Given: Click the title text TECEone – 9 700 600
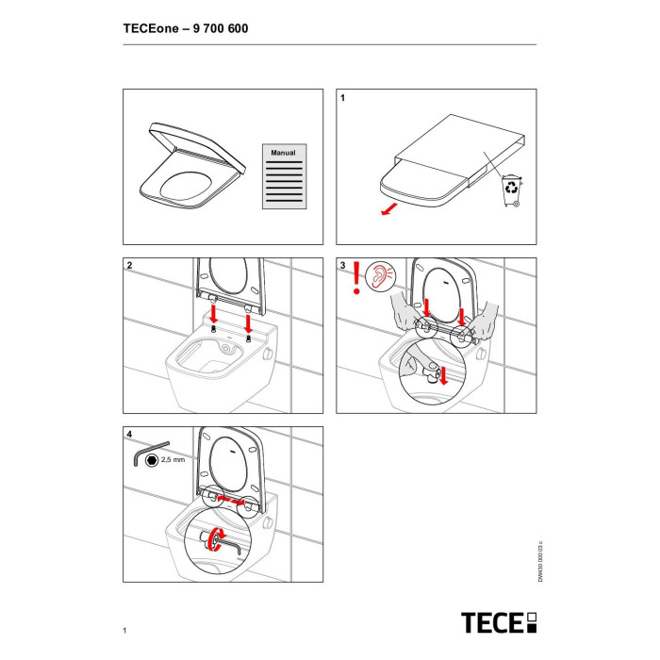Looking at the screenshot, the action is pyautogui.click(x=186, y=28).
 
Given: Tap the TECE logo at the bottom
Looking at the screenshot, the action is pyautogui.click(x=499, y=622).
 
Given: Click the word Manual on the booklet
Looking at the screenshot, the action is pyautogui.click(x=283, y=153).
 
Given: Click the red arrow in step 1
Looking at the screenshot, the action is pyautogui.click(x=388, y=209).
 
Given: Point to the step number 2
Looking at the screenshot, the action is pyautogui.click(x=130, y=266).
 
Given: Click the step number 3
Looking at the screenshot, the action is pyautogui.click(x=342, y=266).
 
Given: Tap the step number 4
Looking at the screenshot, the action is pyautogui.click(x=129, y=434).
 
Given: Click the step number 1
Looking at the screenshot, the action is pyautogui.click(x=342, y=98).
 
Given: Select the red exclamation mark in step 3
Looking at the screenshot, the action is pyautogui.click(x=357, y=277).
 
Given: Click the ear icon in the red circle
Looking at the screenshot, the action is pyautogui.click(x=381, y=275).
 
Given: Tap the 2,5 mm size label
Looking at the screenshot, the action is pyautogui.click(x=173, y=460).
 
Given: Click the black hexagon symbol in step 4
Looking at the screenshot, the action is pyautogui.click(x=152, y=460).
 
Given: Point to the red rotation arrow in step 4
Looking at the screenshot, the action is pyautogui.click(x=218, y=538).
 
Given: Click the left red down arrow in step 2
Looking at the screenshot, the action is pyautogui.click(x=214, y=314).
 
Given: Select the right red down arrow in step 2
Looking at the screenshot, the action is pyautogui.click(x=248, y=323).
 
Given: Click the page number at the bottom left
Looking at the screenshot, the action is pyautogui.click(x=124, y=630).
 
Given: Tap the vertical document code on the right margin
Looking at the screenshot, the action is pyautogui.click(x=540, y=562).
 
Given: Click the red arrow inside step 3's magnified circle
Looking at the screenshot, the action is pyautogui.click(x=443, y=376).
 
